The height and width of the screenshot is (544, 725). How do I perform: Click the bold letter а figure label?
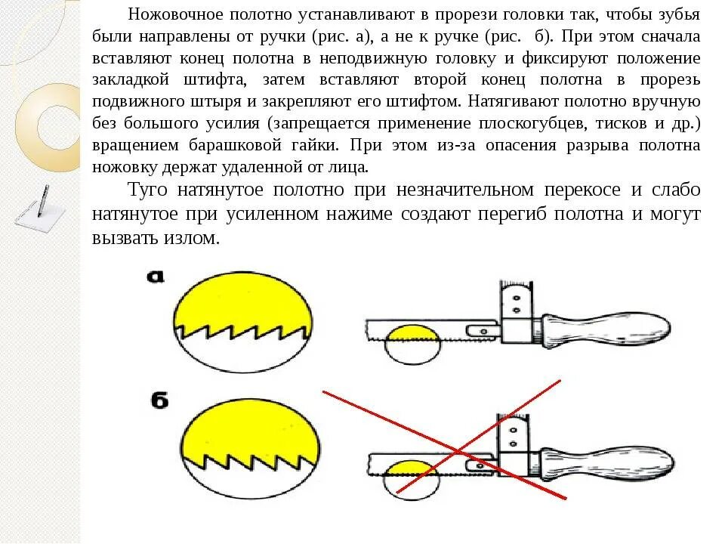tap(156, 277)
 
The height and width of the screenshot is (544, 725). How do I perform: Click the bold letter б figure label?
tap(159, 400)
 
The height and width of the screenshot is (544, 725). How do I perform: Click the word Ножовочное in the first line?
tap(174, 15)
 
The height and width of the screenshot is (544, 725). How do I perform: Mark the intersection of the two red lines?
tap(457, 452)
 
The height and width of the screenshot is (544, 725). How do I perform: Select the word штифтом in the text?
tap(429, 101)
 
